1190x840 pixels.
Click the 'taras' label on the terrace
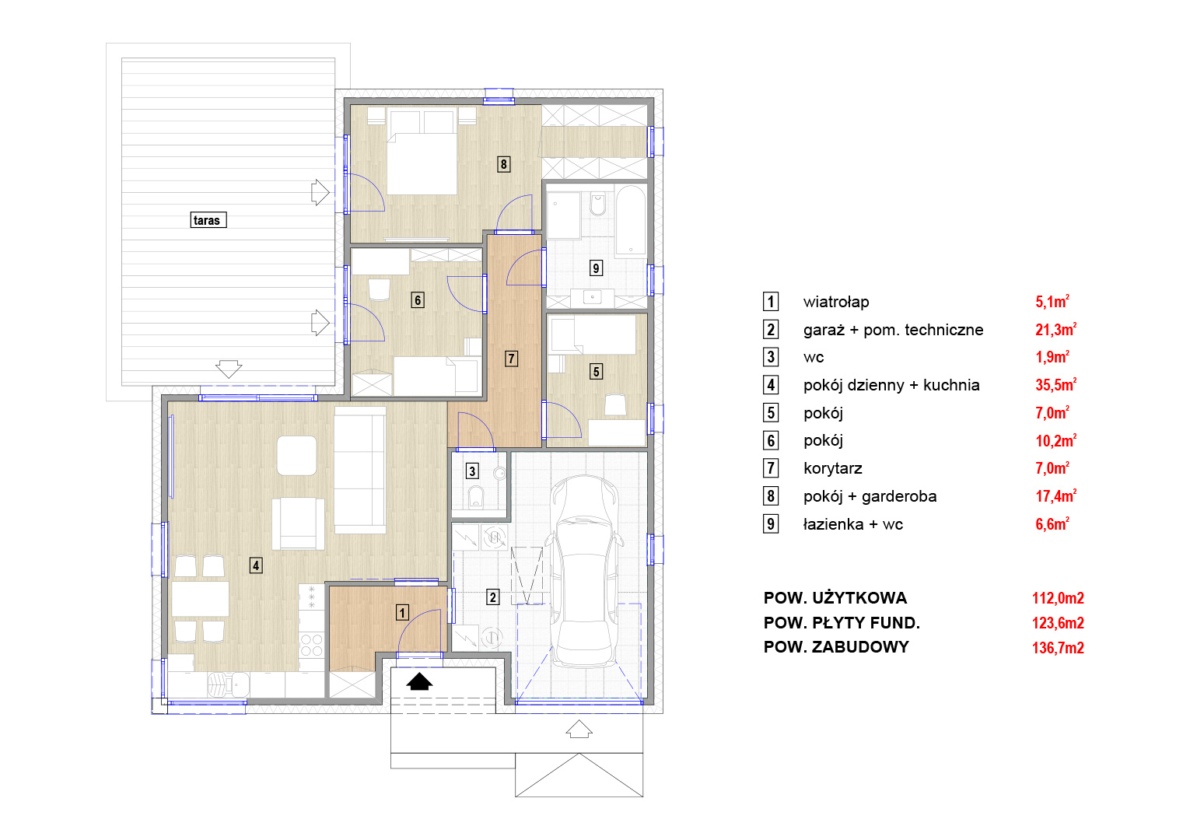[208, 220]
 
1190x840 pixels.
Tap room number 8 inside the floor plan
[504, 164]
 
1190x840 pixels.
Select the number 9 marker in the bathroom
[596, 268]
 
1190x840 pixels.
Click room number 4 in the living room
[256, 565]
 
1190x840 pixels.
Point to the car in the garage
[584, 572]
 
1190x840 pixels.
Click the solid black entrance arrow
[419, 681]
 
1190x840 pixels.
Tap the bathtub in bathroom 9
[630, 220]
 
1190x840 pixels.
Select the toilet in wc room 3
[477, 496]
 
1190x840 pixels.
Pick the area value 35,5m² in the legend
[1055, 384]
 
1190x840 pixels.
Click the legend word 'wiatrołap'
[835, 302]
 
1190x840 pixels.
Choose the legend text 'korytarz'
[832, 468]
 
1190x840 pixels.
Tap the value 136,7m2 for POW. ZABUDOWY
[1058, 648]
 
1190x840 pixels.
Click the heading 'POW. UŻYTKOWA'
[835, 598]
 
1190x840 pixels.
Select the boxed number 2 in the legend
[771, 330]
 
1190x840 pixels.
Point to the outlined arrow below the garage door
[579, 729]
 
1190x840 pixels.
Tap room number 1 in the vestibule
[402, 613]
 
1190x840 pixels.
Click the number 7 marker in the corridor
[511, 359]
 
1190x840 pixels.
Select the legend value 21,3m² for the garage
[1055, 329]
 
